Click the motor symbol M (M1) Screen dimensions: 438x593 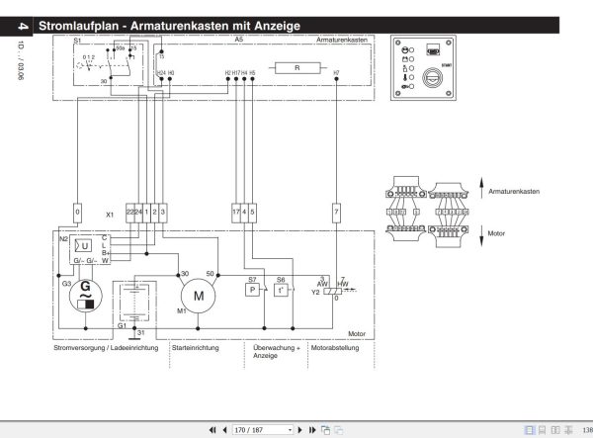[x=198, y=294]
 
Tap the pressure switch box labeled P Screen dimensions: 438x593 [x=252, y=291]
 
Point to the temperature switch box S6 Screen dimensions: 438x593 [x=282, y=291]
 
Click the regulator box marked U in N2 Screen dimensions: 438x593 [x=85, y=245]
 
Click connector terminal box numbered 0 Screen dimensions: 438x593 [x=76, y=212]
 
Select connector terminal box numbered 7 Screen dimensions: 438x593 [x=336, y=212]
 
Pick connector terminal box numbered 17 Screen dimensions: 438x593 [x=235, y=212]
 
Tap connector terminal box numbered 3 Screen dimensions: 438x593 [x=163, y=212]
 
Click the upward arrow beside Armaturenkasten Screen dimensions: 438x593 [x=479, y=186]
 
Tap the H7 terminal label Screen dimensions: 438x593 [x=336, y=73]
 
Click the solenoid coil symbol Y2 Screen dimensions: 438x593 [x=336, y=292]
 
